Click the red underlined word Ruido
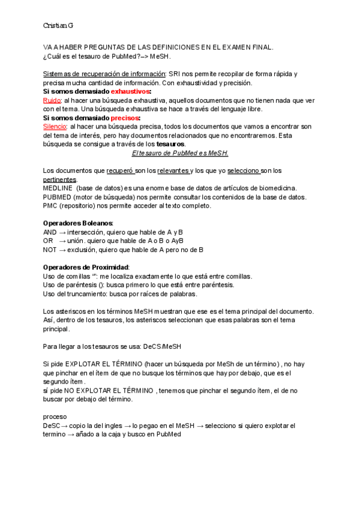tap(52, 100)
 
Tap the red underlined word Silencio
tap(55, 127)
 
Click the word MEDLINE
tap(58, 188)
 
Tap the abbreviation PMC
tap(50, 206)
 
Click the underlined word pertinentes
tap(59, 179)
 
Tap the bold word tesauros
tap(170, 144)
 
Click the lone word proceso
tap(55, 416)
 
